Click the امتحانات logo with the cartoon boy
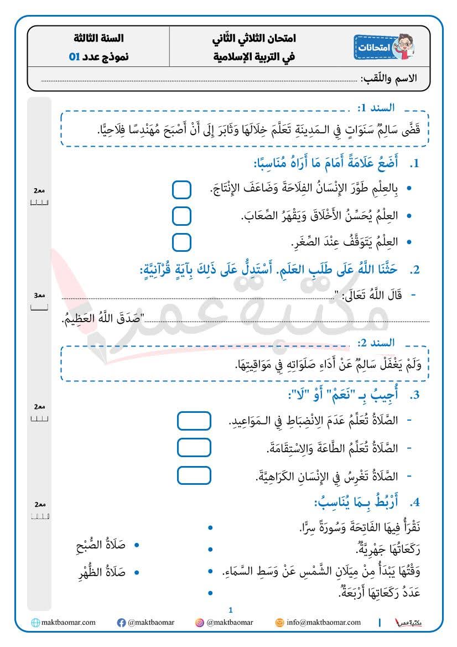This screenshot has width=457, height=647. click(384, 48)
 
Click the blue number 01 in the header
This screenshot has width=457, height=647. click(74, 56)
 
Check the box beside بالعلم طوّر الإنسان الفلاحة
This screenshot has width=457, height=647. click(181, 189)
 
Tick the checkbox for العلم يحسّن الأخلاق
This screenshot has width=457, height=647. click(181, 216)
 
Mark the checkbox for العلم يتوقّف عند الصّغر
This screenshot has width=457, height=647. click(181, 242)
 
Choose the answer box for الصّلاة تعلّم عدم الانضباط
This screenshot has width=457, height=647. click(194, 421)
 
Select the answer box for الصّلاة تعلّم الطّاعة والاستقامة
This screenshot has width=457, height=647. click(194, 447)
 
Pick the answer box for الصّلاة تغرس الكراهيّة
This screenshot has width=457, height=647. click(194, 475)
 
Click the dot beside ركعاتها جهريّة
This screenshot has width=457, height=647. click(210, 550)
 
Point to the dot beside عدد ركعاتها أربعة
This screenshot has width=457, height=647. click(210, 593)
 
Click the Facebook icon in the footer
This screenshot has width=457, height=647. click(121, 623)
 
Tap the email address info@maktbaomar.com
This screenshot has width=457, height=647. click(323, 623)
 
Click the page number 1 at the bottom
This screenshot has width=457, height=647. click(231, 610)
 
